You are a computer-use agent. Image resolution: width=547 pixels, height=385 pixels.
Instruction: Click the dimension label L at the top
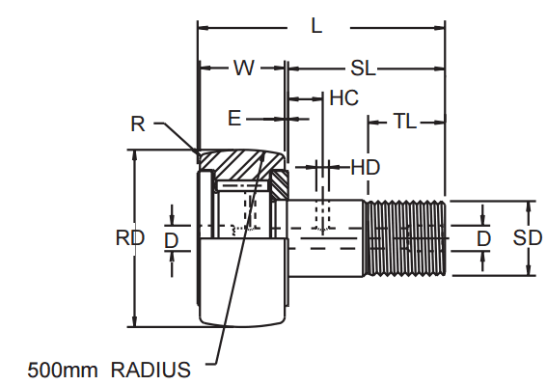tap(316, 26)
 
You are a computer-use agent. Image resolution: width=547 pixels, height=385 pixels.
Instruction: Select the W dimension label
tap(244, 69)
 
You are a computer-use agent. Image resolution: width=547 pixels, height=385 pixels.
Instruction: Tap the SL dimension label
tap(363, 69)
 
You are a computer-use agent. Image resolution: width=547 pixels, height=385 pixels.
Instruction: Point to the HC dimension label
tap(343, 97)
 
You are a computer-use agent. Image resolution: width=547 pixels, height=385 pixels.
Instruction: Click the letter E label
tap(233, 118)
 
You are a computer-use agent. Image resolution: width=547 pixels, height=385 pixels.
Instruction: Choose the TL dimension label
tap(405, 122)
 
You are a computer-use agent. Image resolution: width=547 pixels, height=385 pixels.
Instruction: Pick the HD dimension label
tap(365, 167)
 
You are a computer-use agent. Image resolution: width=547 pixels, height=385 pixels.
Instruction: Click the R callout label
tap(138, 123)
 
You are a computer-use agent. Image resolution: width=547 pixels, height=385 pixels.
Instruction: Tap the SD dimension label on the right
tap(527, 238)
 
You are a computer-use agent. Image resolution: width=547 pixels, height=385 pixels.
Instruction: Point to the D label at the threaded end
tap(483, 238)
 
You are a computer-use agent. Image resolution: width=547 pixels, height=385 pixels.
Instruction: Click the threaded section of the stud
tap(405, 237)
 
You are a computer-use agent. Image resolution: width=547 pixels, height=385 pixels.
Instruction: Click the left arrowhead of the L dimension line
tap(202, 26)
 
